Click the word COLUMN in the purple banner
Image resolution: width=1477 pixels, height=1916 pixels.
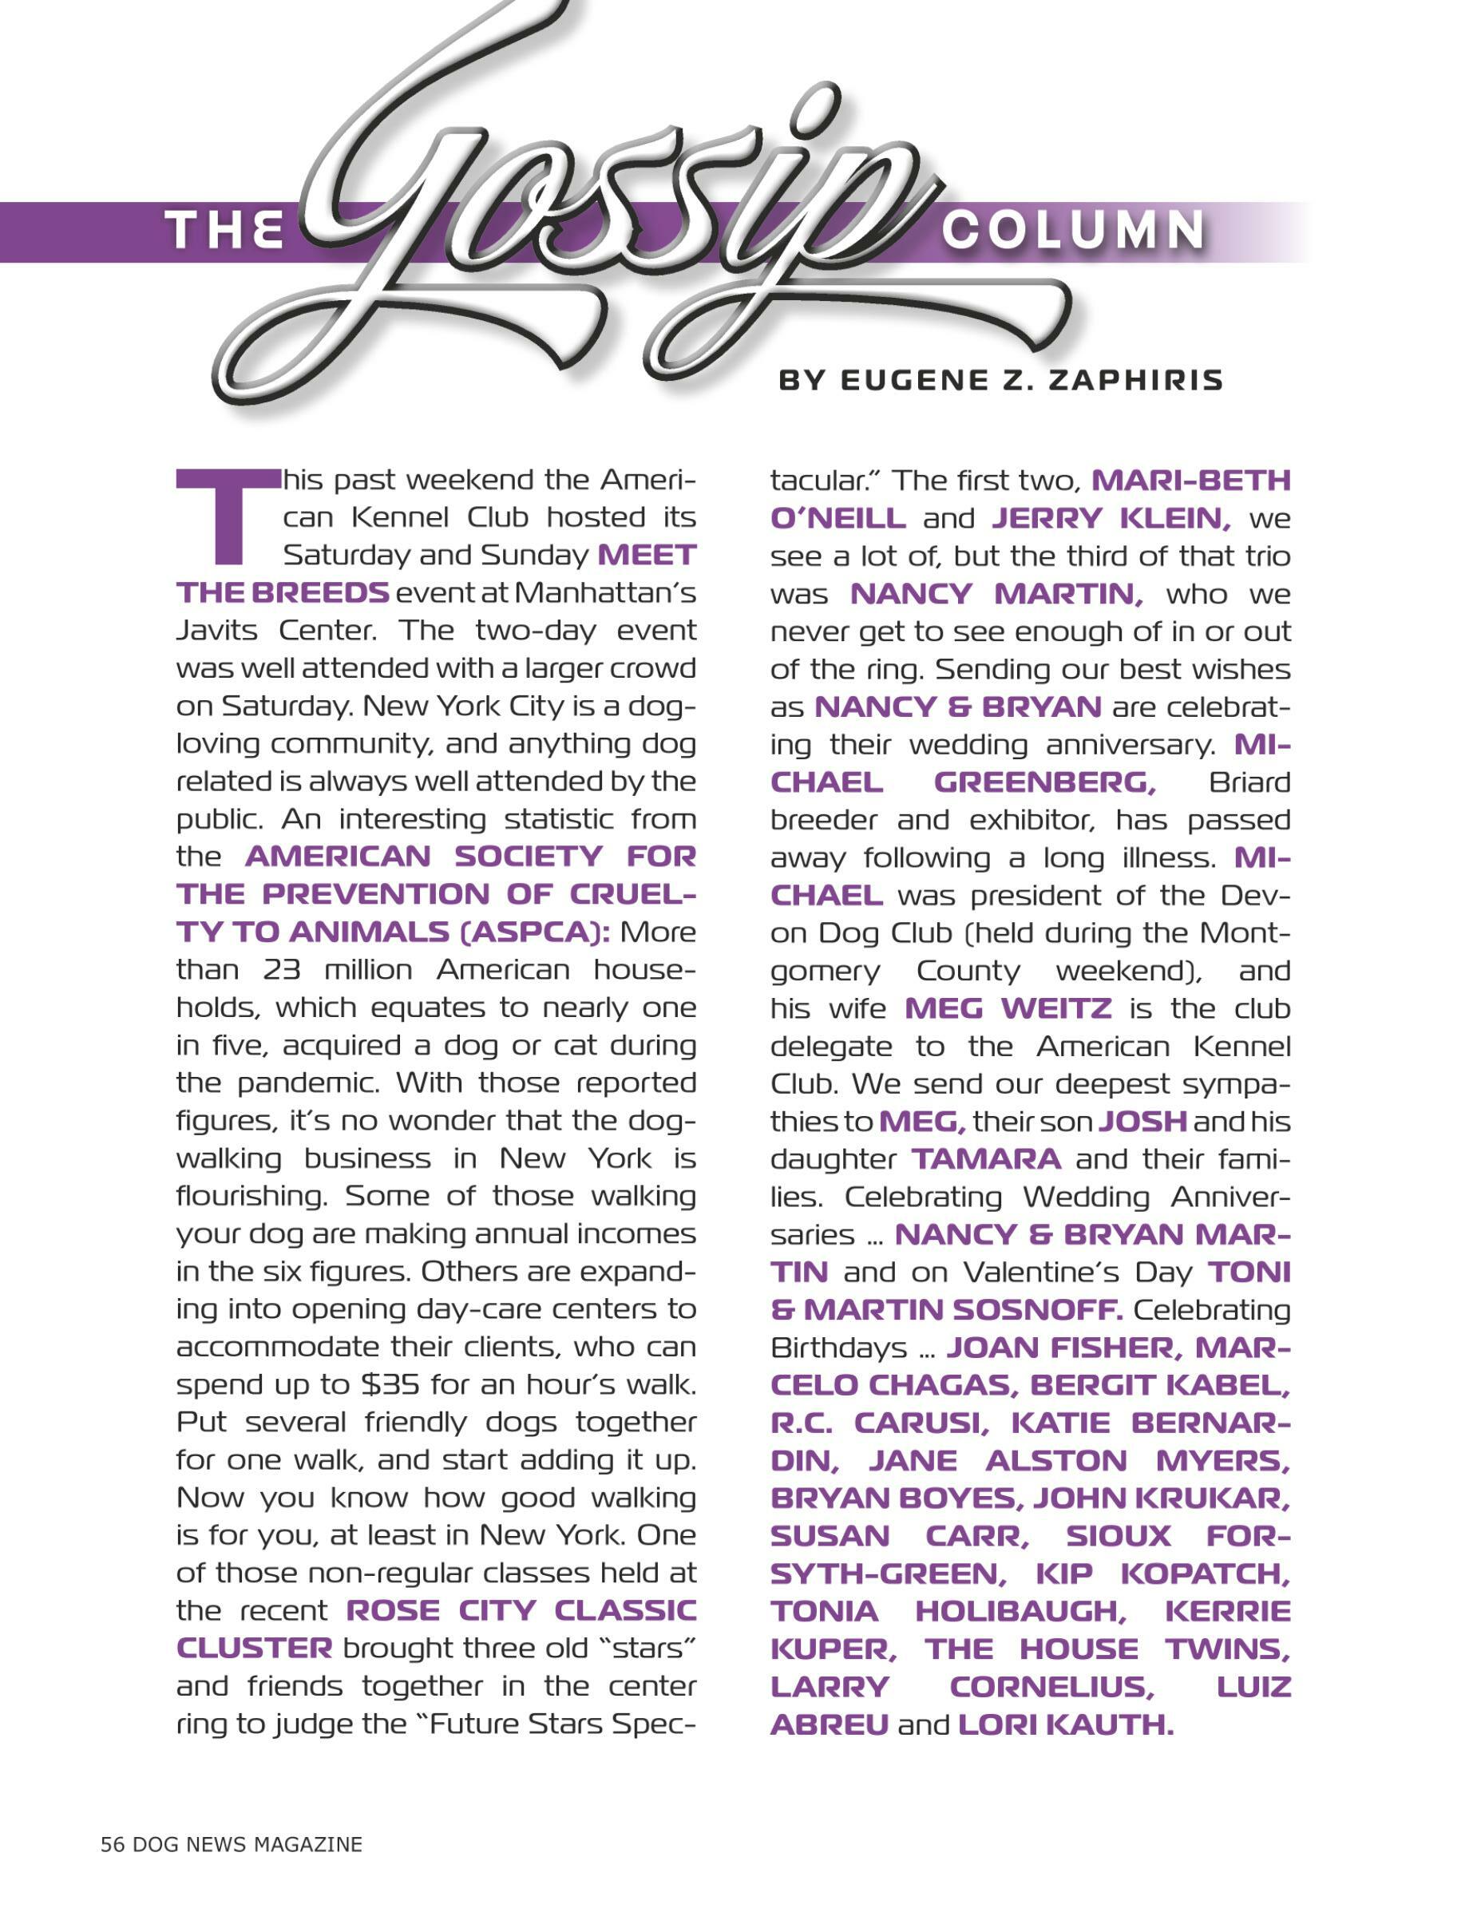point(1073,230)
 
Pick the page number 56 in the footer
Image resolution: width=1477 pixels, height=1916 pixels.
point(113,1844)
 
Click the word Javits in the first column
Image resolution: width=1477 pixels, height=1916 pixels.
point(216,630)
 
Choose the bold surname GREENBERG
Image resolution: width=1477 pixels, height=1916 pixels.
point(1044,782)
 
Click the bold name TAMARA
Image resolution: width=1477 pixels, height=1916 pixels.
point(986,1159)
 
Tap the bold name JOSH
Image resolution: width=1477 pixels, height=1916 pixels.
point(1142,1121)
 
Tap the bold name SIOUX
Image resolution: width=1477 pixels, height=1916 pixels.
point(1119,1536)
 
